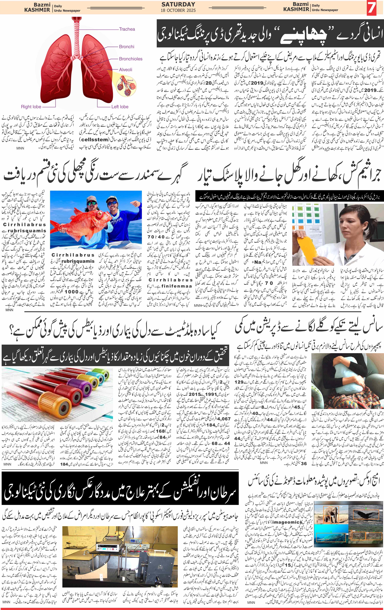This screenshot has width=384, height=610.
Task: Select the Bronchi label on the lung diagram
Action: [x=127, y=47]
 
